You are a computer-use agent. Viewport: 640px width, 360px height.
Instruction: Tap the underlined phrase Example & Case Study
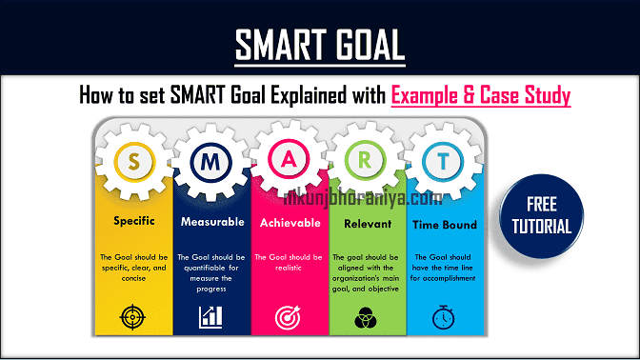tap(480, 95)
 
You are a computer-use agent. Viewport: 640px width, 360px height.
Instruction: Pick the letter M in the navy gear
tap(211, 162)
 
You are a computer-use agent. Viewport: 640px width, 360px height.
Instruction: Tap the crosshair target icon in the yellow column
tap(133, 317)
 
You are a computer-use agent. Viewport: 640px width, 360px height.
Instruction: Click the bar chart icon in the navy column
tap(211, 317)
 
